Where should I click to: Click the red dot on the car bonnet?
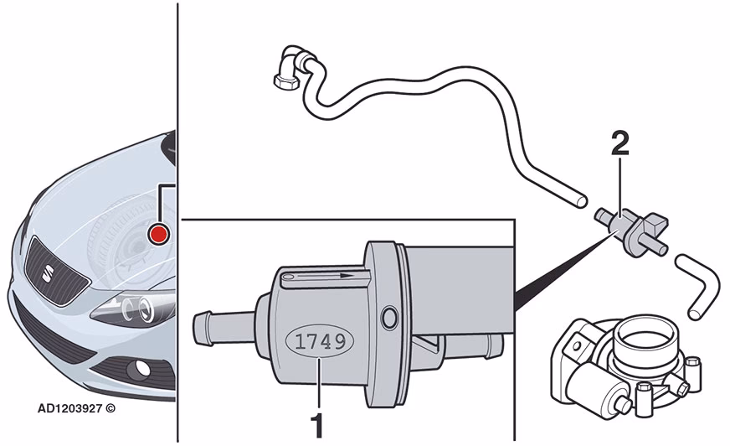coord(158,234)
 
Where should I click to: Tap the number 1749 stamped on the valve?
coord(321,343)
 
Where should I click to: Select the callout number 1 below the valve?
coord(317,425)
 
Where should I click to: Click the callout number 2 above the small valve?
coord(619,144)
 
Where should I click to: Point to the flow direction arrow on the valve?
coord(325,276)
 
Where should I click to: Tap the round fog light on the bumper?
coord(141,368)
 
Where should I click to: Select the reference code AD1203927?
coord(69,409)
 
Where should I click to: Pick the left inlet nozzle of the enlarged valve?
coord(224,329)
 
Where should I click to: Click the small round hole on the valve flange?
coord(389,319)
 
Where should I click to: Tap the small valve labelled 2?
coord(632,231)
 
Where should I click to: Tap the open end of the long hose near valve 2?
coord(580,201)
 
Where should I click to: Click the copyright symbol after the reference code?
coord(110,409)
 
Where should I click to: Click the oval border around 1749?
coord(321,324)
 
